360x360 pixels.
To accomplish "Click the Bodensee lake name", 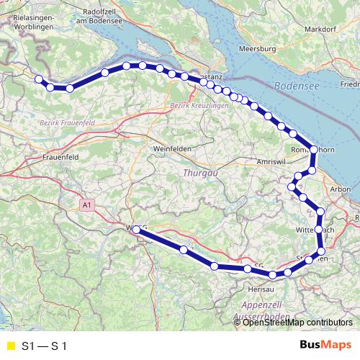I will (x=296, y=85).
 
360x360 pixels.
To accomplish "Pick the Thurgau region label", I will (x=197, y=173).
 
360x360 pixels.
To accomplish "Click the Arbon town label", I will (x=339, y=189).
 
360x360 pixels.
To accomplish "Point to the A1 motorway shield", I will (x=87, y=206).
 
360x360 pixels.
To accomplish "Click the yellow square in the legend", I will (x=9, y=346).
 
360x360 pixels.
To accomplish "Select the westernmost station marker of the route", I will (x=38, y=80).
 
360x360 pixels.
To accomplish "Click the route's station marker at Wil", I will (x=137, y=230).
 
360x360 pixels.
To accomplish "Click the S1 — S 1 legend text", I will (x=45, y=346).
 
